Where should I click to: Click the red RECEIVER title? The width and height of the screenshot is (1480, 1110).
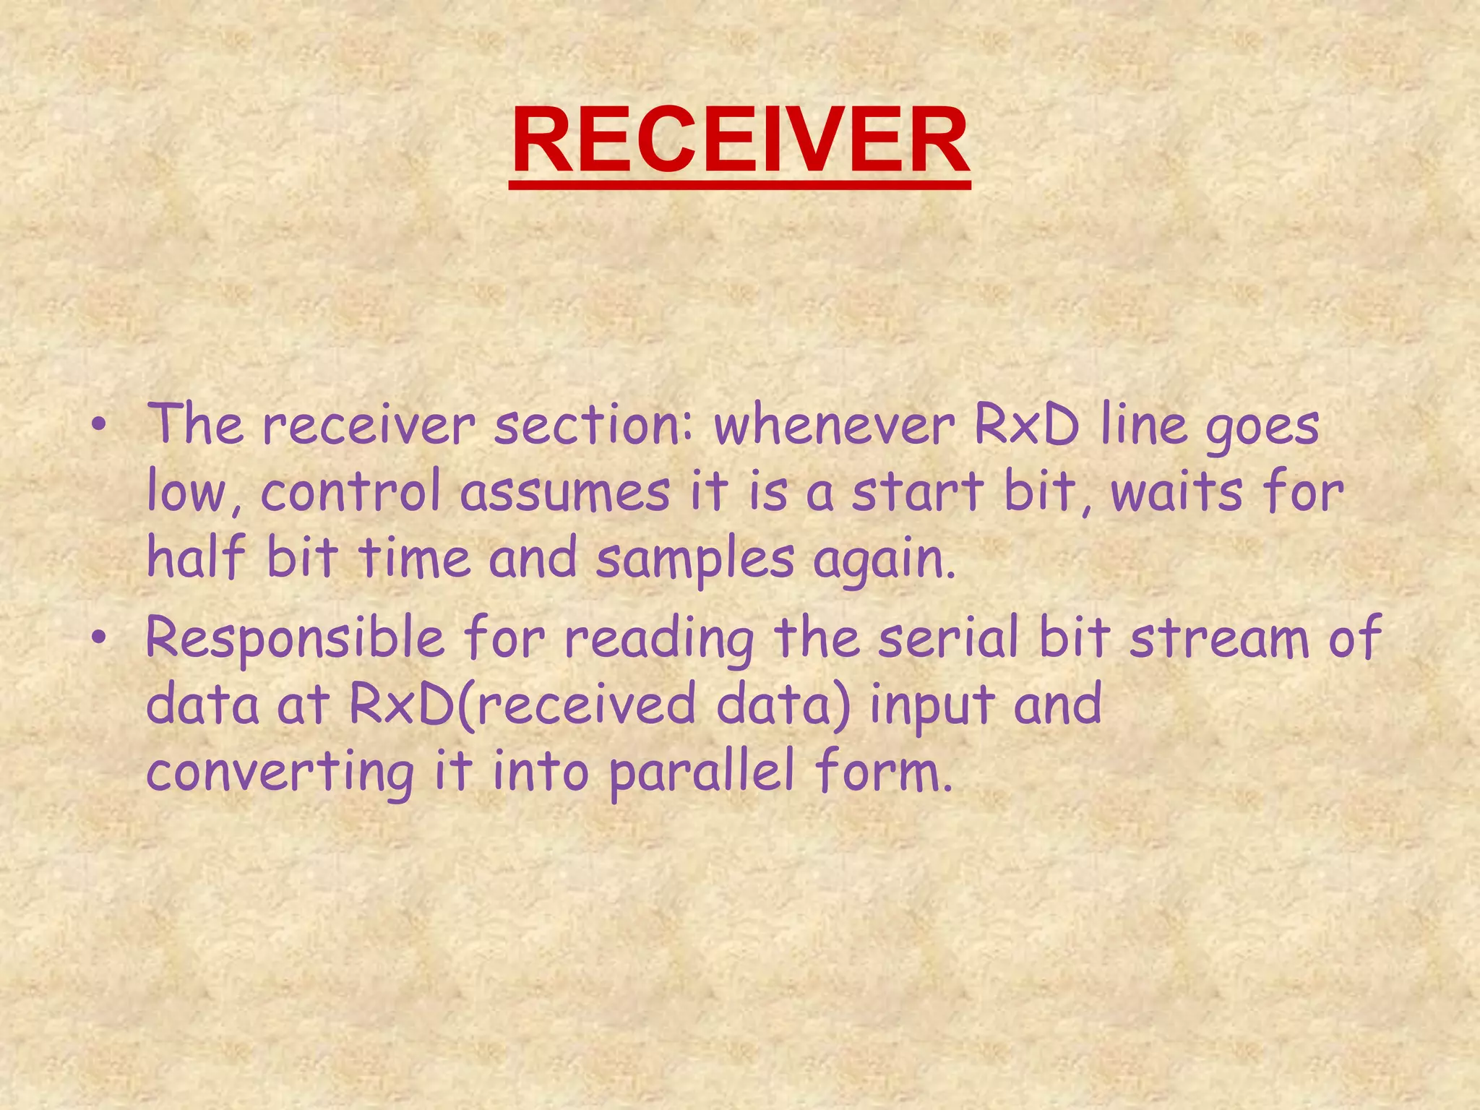click(x=740, y=140)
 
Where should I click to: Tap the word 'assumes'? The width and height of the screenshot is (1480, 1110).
click(x=566, y=494)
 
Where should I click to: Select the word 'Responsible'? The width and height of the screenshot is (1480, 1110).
click(x=295, y=639)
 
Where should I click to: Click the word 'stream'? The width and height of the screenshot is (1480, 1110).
click(x=1220, y=639)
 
